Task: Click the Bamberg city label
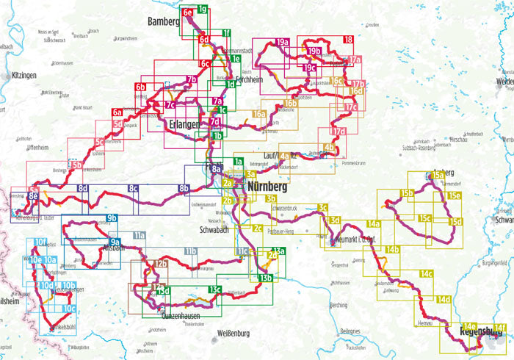tap(163, 21)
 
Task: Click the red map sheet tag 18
tap(348, 40)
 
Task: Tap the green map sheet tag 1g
tap(202, 10)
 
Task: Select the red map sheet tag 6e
tap(189, 12)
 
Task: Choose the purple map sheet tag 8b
tap(184, 190)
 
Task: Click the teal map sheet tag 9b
tap(112, 218)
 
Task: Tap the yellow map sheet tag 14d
tap(444, 300)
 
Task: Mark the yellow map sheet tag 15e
tap(455, 195)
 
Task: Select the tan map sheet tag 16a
tap(258, 115)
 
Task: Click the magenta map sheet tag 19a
tap(282, 43)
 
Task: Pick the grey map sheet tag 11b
tap(191, 253)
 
